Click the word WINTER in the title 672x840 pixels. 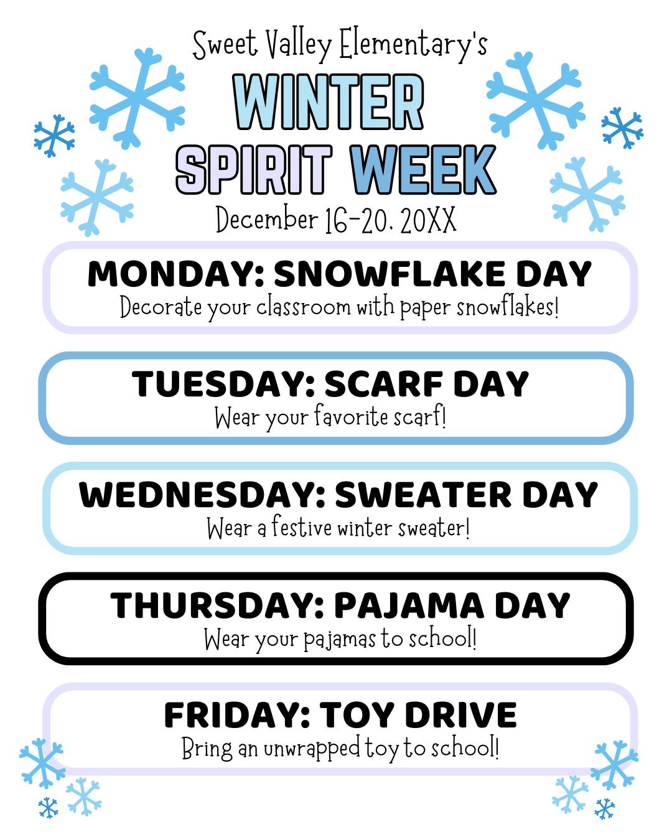[329, 101]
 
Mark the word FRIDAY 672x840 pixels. [236, 715]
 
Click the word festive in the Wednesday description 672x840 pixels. [302, 529]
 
